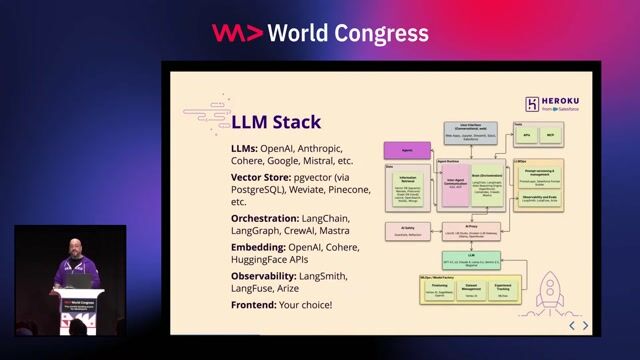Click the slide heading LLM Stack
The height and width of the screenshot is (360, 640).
[276, 123]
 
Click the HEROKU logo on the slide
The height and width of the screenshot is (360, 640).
[548, 104]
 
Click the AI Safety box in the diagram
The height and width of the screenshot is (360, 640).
[406, 229]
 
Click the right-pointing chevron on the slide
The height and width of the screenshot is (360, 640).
[586, 325]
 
